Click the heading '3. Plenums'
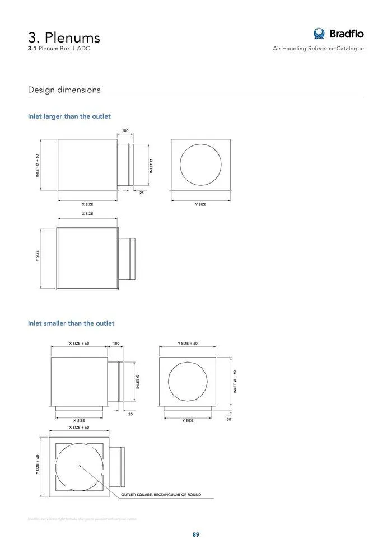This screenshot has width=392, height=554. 64,37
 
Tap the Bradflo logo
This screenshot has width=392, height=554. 338,34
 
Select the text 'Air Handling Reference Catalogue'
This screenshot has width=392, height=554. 318,49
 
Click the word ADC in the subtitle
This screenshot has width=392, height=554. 83,49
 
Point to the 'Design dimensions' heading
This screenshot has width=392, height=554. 64,90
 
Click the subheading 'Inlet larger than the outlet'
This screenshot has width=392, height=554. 69,116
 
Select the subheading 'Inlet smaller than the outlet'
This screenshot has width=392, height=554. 71,323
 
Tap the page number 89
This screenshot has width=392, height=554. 196,534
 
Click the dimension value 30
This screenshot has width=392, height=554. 228,419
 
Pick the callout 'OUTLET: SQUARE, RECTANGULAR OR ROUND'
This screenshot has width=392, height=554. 161,495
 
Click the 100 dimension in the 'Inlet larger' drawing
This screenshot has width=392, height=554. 125,131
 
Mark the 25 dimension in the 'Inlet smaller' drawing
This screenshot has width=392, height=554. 130,414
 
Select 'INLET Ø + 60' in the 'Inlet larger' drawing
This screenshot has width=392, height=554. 37,166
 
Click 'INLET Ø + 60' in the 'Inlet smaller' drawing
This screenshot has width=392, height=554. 235,382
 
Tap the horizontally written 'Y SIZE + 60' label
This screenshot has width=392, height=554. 188,344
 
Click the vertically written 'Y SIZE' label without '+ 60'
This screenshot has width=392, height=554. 38,256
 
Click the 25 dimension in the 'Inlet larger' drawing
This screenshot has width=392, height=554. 142,193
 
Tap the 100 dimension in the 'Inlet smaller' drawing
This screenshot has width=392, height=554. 116,344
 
